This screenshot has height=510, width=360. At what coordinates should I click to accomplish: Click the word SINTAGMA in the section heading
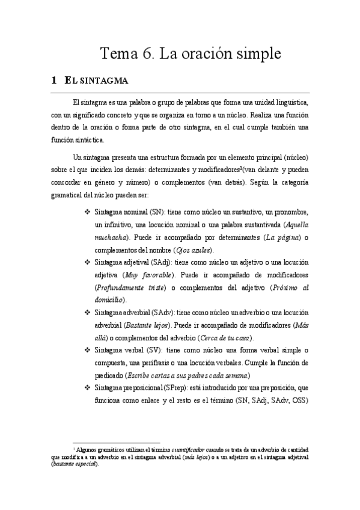click(102, 80)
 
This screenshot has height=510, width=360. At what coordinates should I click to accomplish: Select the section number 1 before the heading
click(54, 80)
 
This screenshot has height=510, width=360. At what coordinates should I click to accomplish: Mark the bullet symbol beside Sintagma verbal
click(87, 349)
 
